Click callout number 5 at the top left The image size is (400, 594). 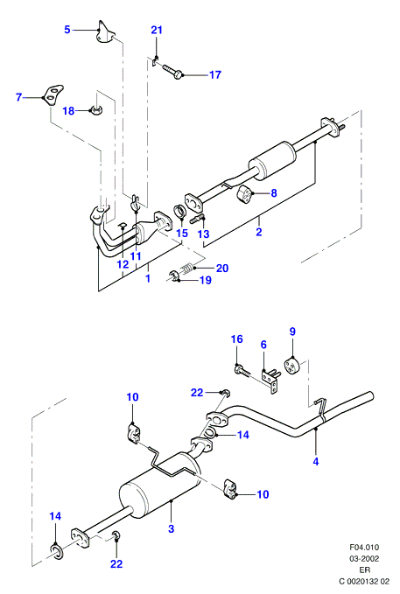[x=67, y=30]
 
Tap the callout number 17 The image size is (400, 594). [x=215, y=75]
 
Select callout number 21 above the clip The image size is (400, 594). [x=157, y=30]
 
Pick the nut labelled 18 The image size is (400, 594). [x=95, y=110]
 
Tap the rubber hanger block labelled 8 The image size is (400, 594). [x=245, y=193]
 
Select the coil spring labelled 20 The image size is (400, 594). [x=186, y=269]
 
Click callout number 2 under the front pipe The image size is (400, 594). [x=259, y=232]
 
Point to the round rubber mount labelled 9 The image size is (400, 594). [x=292, y=366]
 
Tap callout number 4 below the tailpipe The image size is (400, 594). [x=316, y=461]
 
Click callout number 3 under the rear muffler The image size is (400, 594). [x=171, y=528]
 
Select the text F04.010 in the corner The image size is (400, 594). [x=364, y=548]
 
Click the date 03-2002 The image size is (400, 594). [x=364, y=559]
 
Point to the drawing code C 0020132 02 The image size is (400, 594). [x=364, y=582]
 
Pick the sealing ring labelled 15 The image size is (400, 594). [x=179, y=212]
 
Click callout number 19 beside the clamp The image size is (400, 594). [x=206, y=280]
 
